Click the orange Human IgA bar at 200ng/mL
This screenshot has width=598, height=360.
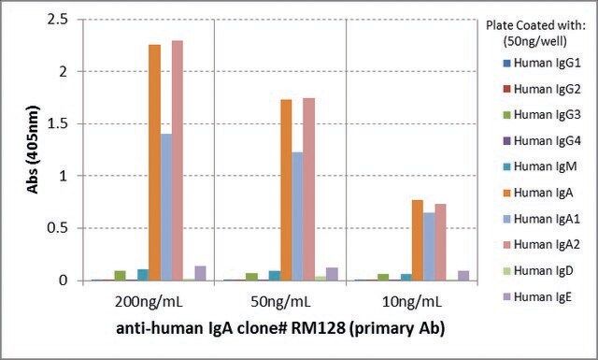pos(154,163)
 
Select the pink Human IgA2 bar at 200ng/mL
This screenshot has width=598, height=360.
pos(178,161)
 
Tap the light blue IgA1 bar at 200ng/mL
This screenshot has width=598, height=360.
pos(166,208)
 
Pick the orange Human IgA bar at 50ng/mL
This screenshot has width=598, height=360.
pos(286,190)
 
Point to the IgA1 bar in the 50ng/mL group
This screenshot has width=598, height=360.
pos(297,217)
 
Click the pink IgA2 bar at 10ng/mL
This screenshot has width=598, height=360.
pos(440,242)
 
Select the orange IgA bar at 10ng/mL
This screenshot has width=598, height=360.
pos(418,240)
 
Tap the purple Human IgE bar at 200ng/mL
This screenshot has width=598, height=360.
pos(200,273)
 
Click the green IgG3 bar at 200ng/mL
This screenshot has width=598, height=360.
pos(121,276)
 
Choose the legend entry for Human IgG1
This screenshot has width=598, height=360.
pos(542,63)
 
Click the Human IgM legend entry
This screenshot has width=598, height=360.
pos(540,166)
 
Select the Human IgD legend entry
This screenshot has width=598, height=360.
pos(538,270)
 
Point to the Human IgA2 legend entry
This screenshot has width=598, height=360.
pos(542,244)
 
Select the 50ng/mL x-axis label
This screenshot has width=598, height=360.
pos(280,302)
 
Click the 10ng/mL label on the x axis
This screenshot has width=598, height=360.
pos(412,302)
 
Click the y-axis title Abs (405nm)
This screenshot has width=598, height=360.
pos(33,150)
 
